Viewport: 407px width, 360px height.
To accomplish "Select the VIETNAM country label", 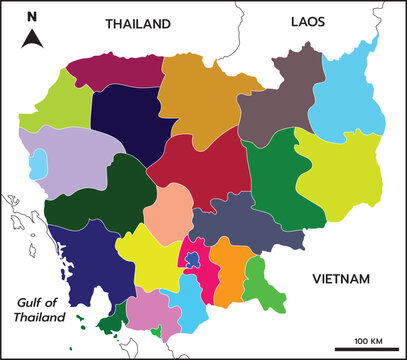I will (342, 278).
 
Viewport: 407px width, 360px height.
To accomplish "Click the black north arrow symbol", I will (32, 39).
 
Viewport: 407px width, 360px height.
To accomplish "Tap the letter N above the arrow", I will (32, 17).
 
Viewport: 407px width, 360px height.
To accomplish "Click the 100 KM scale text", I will (368, 340).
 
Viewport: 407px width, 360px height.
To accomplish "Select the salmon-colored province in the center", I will (168, 207).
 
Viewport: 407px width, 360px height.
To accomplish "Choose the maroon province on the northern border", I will (113, 69).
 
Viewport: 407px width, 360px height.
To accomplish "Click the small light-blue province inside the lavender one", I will (39, 161).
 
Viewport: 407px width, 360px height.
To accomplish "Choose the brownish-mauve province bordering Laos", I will (285, 100).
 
